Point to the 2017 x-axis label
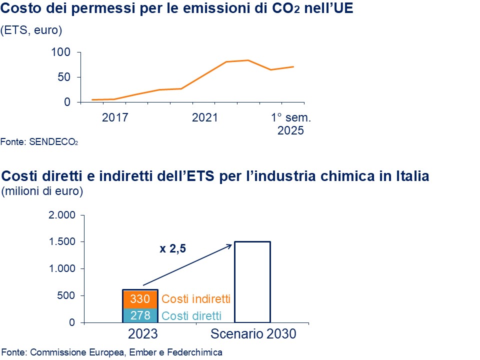115,118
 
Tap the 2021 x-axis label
205,118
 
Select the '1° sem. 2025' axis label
291,124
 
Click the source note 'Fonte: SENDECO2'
39,142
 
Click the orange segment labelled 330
140,299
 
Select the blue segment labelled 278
140,315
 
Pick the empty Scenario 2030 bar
252,282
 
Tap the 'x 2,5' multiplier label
173,248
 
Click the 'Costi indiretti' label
196,299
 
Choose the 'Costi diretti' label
191,315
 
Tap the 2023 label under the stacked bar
140,334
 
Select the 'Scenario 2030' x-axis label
253,334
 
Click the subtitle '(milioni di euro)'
42,191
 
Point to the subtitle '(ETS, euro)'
31,30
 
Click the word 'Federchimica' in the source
196,352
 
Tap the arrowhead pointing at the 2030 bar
230,245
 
